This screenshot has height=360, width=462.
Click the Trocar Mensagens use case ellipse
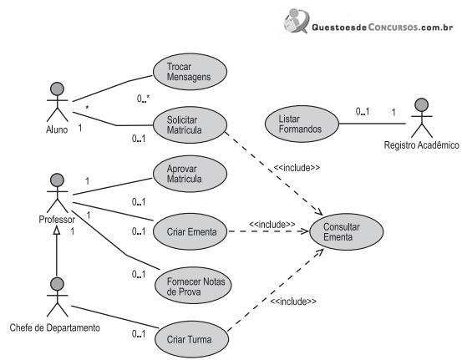point(190,72)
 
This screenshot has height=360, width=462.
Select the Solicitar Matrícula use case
point(190,125)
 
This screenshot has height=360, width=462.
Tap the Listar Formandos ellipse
point(302,124)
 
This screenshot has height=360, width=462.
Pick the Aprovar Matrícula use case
point(190,174)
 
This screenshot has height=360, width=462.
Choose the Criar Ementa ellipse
point(190,231)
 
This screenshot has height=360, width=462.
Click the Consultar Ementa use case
point(347,232)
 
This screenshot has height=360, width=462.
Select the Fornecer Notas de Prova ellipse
point(193,286)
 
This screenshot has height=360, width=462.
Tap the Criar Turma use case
point(191,339)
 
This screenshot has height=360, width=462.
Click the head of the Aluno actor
point(57,89)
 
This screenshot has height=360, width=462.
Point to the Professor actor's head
point(57,180)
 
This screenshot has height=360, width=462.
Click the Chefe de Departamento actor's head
point(57,284)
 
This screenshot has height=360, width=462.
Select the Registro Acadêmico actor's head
point(422,105)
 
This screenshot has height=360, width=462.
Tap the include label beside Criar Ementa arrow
point(272,224)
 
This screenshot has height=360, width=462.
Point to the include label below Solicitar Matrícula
point(297,168)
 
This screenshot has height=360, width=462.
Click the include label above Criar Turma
point(293,301)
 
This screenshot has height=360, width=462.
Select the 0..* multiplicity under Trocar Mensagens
point(143,99)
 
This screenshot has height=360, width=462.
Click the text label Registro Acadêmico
point(421,145)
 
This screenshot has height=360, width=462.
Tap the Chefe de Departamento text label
point(55,327)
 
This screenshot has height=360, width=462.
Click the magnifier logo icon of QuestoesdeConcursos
point(297,21)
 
